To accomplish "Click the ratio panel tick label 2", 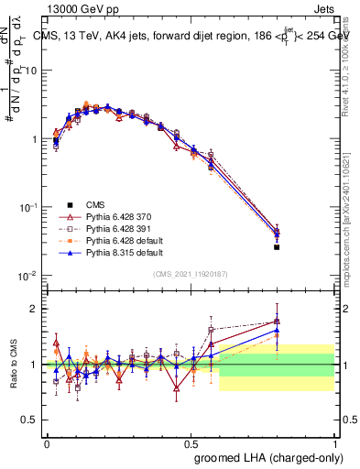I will pos(37,309).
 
